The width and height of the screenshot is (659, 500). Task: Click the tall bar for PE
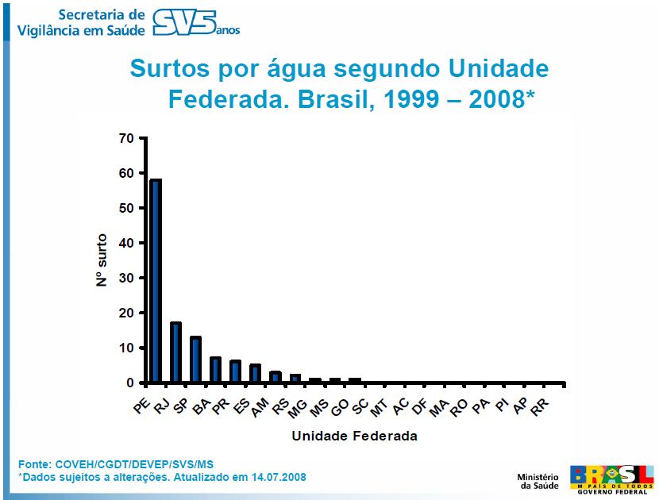156,281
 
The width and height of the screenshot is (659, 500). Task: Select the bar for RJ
176,352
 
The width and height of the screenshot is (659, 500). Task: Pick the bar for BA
216,370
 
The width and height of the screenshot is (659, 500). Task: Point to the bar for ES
256,374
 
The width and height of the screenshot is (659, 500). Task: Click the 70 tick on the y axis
127,138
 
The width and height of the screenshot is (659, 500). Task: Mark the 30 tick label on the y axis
127,278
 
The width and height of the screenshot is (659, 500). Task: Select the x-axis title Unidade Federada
354,436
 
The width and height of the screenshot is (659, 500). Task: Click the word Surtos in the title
169,69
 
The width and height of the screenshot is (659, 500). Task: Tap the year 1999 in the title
418,99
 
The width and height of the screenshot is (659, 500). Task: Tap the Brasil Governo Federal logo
612,478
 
